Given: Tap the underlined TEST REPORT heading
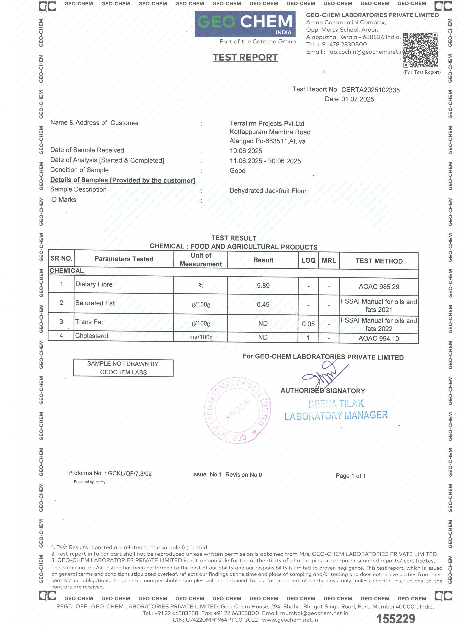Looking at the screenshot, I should click(245, 57).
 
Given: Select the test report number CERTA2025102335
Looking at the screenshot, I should click(371, 90).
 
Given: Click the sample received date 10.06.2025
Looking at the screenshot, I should click(246, 151).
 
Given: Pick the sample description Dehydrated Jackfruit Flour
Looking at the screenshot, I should click(268, 191).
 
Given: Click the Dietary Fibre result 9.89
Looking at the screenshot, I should click(263, 286).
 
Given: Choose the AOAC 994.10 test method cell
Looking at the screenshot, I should click(379, 338).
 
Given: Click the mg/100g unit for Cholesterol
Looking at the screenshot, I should click(201, 337).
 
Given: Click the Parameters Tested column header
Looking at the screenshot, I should click(124, 259).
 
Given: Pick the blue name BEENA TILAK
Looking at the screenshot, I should click(336, 404).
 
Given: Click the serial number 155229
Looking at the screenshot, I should click(396, 619).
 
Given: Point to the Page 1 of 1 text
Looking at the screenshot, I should click(350, 476).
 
